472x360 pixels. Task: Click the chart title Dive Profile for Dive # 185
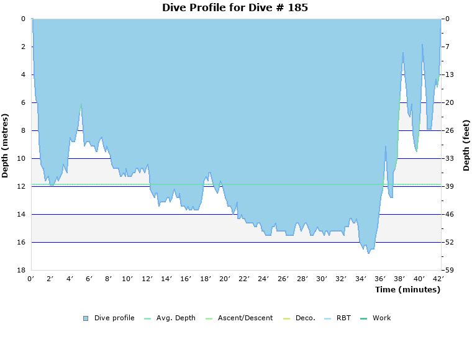235,8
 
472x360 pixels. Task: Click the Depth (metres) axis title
6,145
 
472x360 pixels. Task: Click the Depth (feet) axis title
466,145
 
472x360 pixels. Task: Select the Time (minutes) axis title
407,289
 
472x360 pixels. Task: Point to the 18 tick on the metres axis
20,270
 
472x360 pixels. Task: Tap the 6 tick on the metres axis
23,102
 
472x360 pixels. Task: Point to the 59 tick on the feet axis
449,270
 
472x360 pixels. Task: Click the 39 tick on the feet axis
449,186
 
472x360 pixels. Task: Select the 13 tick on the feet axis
449,74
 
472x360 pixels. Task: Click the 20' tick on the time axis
225,279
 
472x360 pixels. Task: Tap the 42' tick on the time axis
438,279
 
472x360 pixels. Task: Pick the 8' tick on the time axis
108,279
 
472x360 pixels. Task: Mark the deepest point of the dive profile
368,253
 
